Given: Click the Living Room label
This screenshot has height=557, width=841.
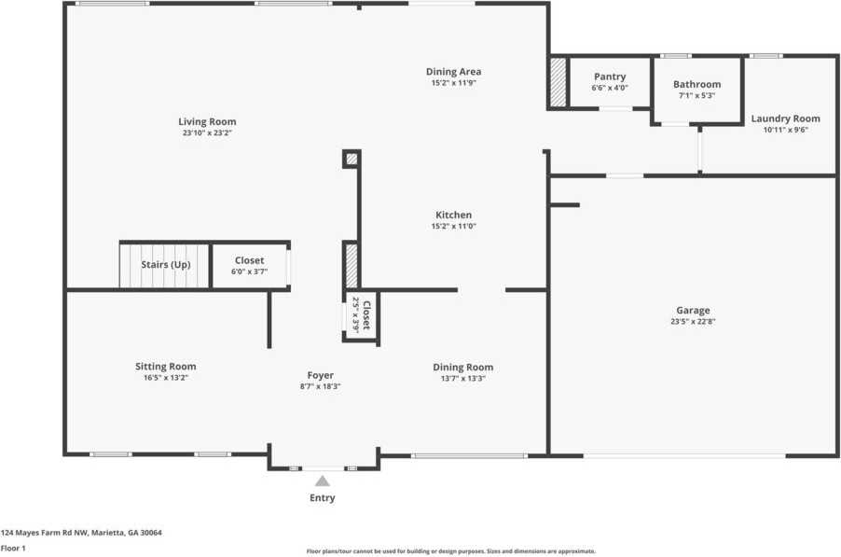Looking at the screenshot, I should click(x=207, y=121).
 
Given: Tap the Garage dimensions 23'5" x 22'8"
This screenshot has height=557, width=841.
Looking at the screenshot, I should click(x=693, y=322).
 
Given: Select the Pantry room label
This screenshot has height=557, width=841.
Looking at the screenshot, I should click(x=610, y=77).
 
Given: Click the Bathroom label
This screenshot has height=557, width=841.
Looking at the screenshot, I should click(x=696, y=84).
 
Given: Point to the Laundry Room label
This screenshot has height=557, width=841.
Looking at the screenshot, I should click(x=785, y=118).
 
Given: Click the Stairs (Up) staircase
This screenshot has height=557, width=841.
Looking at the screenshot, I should click(x=164, y=265).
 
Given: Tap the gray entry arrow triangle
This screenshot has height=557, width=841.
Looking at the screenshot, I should click(x=322, y=481).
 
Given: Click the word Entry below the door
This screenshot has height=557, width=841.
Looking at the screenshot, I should click(x=322, y=498).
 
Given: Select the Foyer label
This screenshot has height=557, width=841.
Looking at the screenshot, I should click(x=320, y=375).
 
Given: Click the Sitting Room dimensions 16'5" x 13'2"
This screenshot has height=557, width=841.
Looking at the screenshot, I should click(x=166, y=378).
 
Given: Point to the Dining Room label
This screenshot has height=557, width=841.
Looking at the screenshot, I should click(x=462, y=367).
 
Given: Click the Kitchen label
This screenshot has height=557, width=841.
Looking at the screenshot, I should click(x=453, y=215).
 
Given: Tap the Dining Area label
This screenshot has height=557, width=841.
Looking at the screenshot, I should click(x=453, y=72).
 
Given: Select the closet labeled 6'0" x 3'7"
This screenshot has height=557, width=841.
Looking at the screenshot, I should click(x=249, y=266).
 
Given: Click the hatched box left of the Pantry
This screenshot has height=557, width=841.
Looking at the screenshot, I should click(x=558, y=83).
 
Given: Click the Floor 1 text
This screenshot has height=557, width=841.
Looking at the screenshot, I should click(x=13, y=549).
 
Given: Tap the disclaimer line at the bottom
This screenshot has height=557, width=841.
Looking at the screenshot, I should click(x=451, y=551).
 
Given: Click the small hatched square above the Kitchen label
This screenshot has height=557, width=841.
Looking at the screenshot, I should click(x=352, y=160).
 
